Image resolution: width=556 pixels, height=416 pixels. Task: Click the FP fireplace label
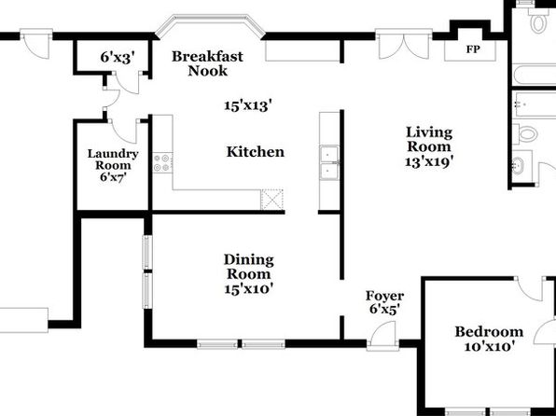pos(473,49)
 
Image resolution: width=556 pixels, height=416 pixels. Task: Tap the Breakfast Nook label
pos(207,63)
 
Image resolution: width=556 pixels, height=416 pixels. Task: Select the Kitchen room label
pos(256,152)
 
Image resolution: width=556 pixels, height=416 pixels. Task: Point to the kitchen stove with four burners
pos(162,163)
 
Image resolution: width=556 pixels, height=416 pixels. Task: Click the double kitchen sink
pos(329,163)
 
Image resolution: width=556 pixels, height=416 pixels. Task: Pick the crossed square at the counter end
pos(272,200)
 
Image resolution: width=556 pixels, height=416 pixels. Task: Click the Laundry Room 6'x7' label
pos(113,165)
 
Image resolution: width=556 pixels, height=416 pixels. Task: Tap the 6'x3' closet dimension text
pos(118,57)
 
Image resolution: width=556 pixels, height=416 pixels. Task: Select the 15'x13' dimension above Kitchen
pos(248,105)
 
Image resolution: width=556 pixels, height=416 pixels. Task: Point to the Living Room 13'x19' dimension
pos(429,161)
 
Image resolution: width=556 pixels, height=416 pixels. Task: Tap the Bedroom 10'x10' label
pos(489,339)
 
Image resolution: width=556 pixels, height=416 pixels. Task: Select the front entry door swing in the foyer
pos(383,335)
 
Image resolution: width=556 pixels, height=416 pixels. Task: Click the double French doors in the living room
pos(404,45)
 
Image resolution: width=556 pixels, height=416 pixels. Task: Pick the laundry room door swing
pos(124,131)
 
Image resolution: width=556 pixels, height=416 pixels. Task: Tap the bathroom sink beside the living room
pos(519,166)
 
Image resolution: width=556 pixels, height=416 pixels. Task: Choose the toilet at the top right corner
pos(538,21)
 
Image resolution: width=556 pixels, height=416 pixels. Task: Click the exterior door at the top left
pos(36,43)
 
